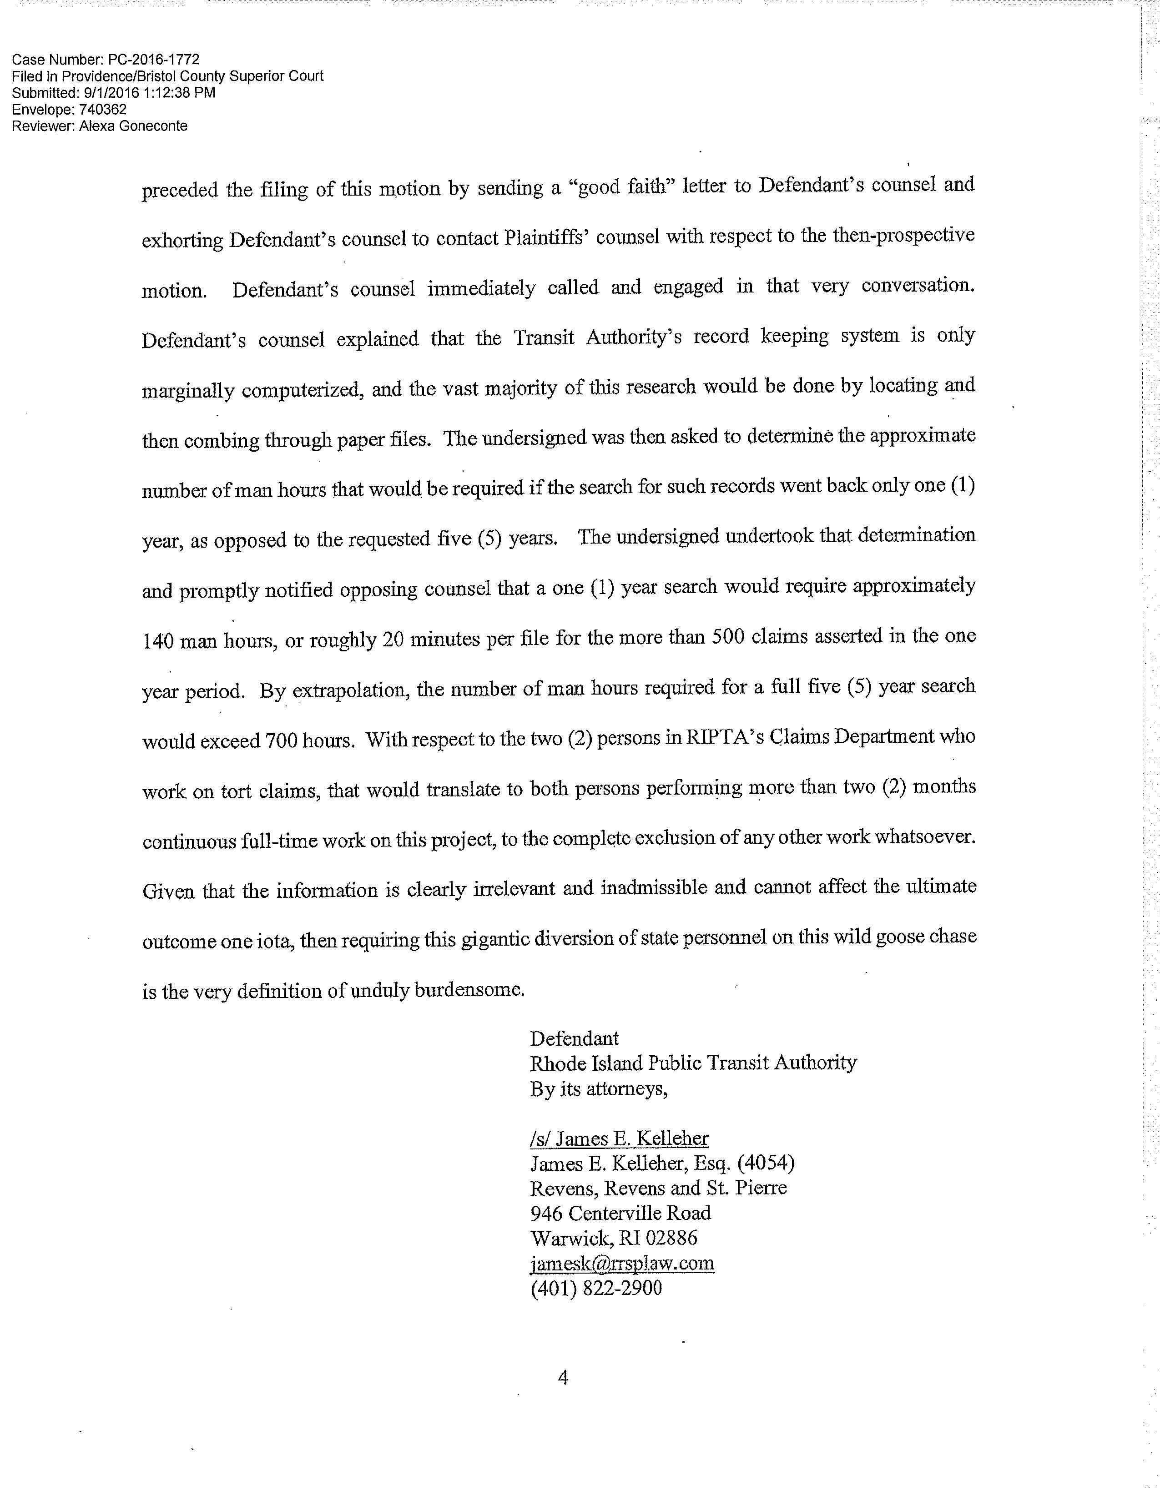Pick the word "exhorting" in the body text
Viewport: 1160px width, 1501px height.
click(x=182, y=241)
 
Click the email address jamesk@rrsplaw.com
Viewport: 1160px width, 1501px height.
click(x=622, y=1263)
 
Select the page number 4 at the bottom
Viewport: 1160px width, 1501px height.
click(x=563, y=1377)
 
